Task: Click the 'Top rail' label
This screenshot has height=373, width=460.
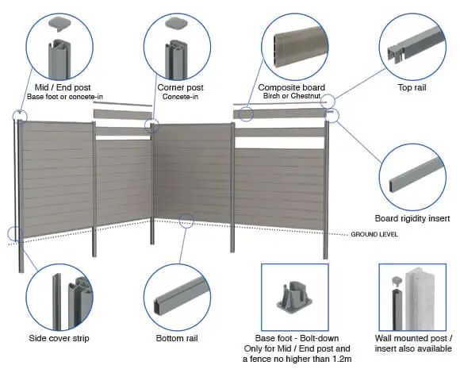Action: [x=412, y=87]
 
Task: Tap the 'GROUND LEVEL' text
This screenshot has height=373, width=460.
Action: [x=374, y=234]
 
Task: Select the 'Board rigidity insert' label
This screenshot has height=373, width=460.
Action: [x=412, y=218]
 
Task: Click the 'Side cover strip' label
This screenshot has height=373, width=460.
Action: [x=59, y=338]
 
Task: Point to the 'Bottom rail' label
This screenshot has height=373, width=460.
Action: [x=177, y=338]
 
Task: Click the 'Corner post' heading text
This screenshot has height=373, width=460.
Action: [x=180, y=87]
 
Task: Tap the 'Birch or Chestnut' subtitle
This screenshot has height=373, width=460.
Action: [x=292, y=96]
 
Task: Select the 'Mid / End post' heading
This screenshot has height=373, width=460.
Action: [x=63, y=87]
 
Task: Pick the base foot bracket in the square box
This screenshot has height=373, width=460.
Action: [x=294, y=298]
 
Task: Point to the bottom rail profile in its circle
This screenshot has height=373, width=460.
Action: [x=180, y=295]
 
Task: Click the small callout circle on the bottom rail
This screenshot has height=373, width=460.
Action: [x=186, y=221]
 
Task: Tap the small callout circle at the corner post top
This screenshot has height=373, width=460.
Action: [x=151, y=126]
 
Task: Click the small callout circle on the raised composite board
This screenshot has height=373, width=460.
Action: [x=246, y=114]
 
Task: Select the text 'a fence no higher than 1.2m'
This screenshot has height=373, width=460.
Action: [x=297, y=359]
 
